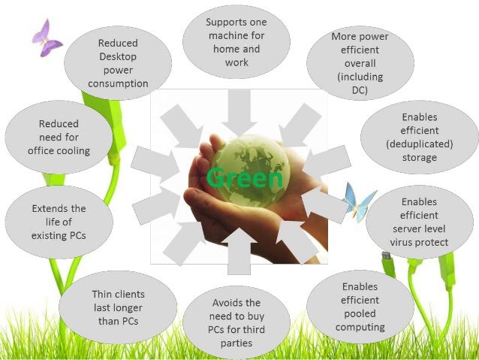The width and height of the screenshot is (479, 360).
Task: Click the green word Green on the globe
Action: click(x=245, y=179)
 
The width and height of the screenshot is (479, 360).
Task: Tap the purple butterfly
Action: click(x=47, y=38)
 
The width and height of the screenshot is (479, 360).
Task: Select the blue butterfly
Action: click(x=358, y=201)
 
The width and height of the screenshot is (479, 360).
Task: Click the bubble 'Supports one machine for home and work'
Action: click(x=236, y=42)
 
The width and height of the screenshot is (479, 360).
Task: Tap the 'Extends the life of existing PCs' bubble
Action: click(x=59, y=222)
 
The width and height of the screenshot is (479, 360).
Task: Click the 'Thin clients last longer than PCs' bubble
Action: click(x=118, y=307)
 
